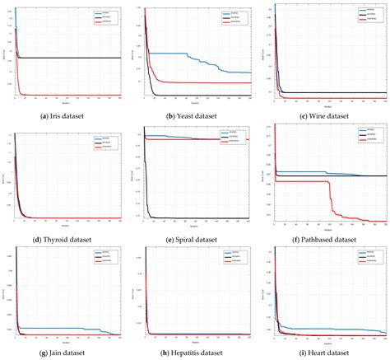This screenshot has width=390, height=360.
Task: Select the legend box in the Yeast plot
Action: click(x=232, y=16)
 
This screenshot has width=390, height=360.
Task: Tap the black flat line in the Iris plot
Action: click(x=74, y=58)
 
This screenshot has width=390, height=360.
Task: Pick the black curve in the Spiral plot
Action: click(x=197, y=217)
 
